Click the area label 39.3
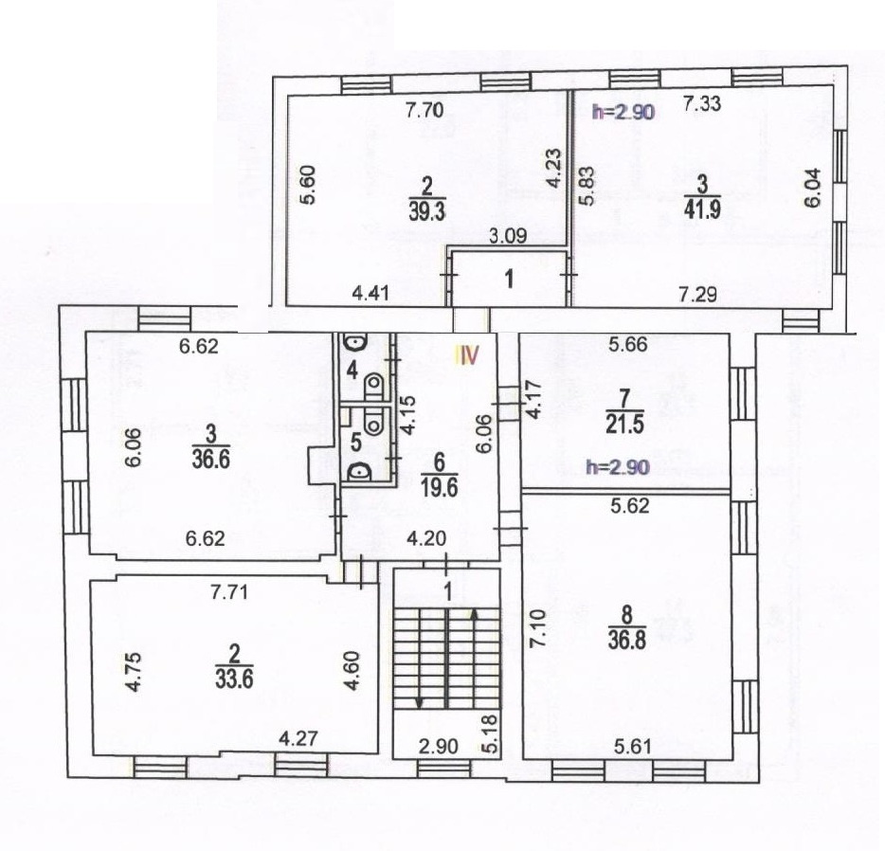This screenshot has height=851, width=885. point(426,212)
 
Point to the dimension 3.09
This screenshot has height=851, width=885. point(508,235)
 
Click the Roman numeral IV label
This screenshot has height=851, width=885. point(467,355)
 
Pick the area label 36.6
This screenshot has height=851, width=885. point(210,460)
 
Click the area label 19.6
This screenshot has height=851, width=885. point(439,486)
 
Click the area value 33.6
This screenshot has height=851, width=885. point(234,679)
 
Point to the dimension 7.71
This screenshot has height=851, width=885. point(229,593)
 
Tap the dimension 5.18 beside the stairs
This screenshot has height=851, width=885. point(490,733)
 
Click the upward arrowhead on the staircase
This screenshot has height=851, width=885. point(474,614)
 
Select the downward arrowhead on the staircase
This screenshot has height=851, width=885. point(419,702)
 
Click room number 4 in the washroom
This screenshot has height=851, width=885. point(352,371)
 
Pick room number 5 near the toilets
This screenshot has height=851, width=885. point(355,442)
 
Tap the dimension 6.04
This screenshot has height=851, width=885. point(812,189)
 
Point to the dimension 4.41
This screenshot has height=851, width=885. point(370,294)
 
